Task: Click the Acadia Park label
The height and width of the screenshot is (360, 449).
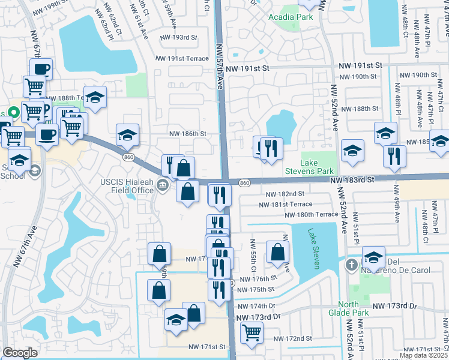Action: (x=291, y=17)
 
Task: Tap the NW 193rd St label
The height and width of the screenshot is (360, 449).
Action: (x=178, y=37)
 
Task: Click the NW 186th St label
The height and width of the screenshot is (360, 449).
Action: (x=188, y=134)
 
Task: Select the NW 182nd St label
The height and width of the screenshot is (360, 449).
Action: (x=285, y=194)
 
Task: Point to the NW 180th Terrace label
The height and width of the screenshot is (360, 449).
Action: (x=312, y=214)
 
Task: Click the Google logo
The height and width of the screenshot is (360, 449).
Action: (x=20, y=353)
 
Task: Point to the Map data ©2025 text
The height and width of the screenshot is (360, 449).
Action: (x=424, y=355)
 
